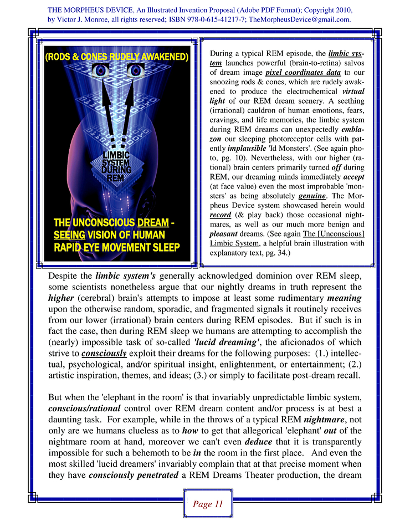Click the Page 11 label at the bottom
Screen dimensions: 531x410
[x=207, y=504]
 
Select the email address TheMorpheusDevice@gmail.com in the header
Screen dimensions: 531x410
[x=299, y=19]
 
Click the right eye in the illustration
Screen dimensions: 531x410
[x=135, y=70]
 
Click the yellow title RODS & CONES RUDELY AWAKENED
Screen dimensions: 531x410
[x=116, y=57]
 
